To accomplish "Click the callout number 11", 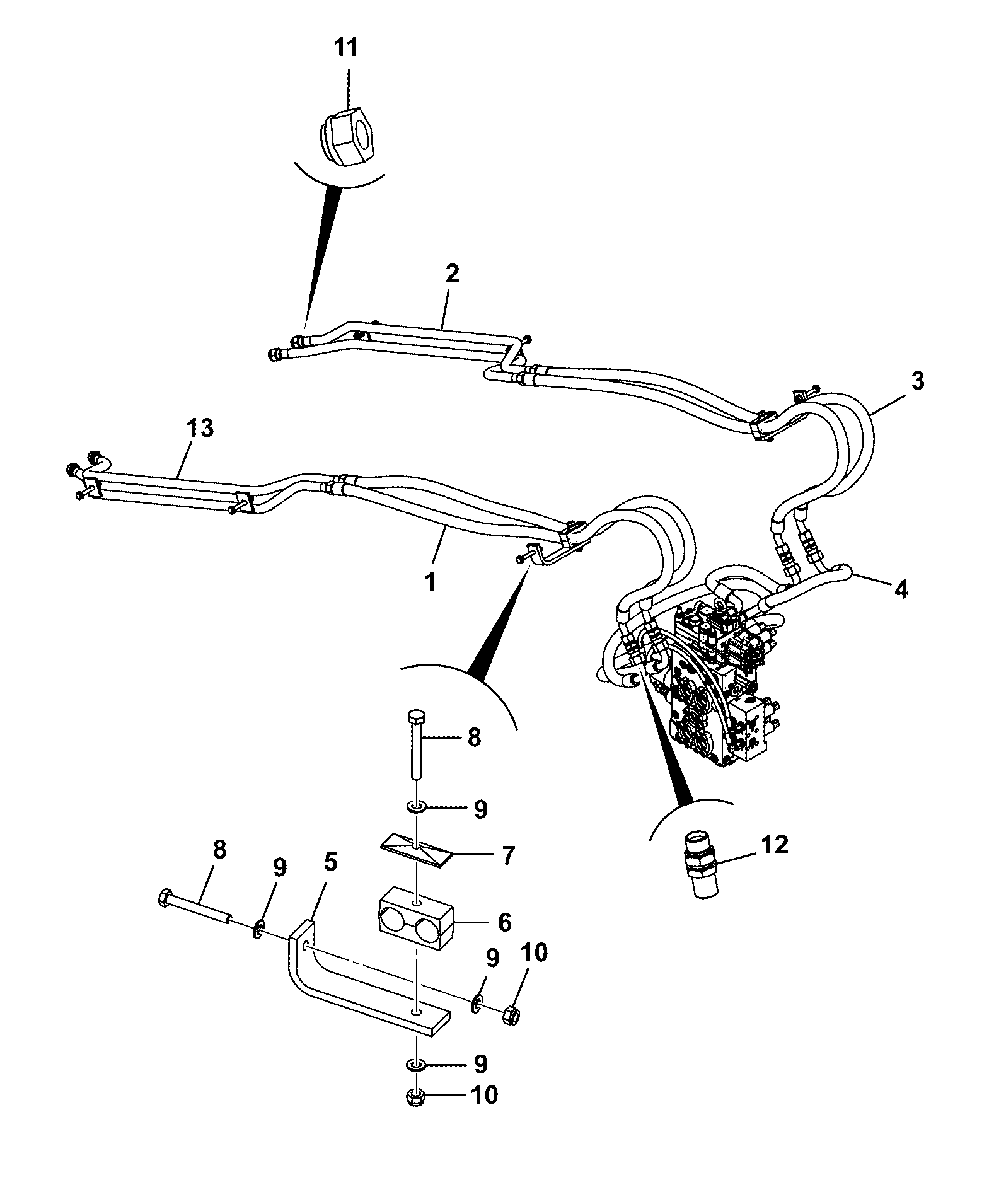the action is click(x=346, y=47).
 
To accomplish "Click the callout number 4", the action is click(x=902, y=589).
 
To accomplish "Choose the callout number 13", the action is click(x=200, y=428).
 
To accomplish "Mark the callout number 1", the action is click(x=431, y=582).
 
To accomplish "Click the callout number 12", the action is click(x=775, y=845).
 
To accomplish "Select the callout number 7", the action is click(x=507, y=856).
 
